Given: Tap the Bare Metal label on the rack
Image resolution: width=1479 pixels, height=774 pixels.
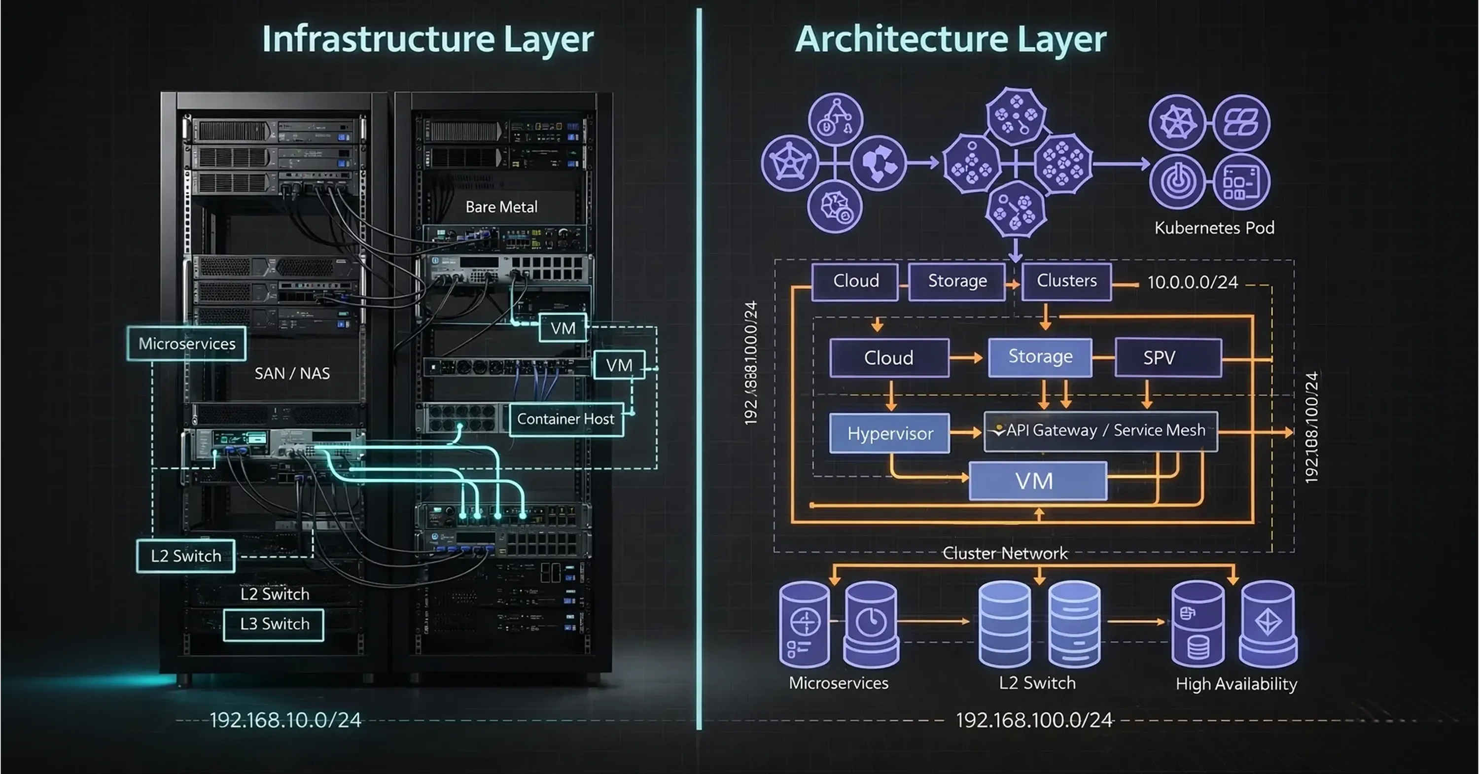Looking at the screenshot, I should pos(501,207).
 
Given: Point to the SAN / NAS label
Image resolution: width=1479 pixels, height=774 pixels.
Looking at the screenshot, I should pos(292,373).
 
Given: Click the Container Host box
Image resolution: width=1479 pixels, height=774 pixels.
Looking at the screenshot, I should pos(566,419).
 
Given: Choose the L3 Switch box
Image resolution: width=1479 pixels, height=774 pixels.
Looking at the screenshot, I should pos(274,624).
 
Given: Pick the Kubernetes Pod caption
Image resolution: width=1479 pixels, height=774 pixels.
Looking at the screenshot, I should pos(1214,228).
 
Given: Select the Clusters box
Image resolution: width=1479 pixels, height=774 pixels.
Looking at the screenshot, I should pos(1066,281).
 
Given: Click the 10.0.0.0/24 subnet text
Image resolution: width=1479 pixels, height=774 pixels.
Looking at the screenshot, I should pos(1193,282).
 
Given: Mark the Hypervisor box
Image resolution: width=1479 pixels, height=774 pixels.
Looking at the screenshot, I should pos(890,433).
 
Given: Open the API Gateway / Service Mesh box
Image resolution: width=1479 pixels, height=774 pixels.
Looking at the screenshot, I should pos(1101,431).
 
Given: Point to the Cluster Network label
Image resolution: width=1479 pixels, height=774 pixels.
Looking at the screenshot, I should pos(1005,554).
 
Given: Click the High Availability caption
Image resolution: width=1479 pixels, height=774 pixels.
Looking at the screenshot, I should pos(1236,684).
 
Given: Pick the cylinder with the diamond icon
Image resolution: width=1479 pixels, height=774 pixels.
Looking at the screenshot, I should pos(1268,624).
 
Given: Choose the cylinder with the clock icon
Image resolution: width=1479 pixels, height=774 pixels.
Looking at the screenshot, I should pos(871,624).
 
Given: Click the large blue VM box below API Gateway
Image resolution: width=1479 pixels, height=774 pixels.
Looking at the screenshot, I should pos(1037,481).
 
